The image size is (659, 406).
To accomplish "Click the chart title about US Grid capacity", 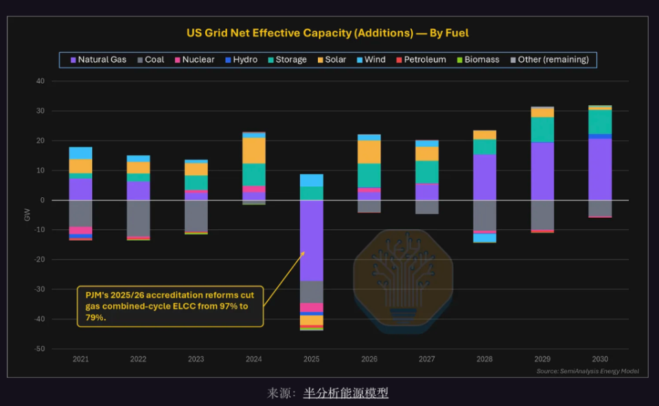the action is point(327,33).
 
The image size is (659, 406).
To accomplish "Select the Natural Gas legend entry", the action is point(98,60).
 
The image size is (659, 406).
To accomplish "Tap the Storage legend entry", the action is point(288,60).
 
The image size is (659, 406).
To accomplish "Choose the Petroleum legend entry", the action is point(421,60).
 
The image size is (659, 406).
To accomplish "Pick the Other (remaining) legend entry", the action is point(549,60).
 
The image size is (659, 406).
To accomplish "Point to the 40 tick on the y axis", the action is point(41,81).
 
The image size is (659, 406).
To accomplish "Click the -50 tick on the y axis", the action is point(40,349).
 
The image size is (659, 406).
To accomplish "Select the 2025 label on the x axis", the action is point(312,359).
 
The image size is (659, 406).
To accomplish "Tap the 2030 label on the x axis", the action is point(600,359).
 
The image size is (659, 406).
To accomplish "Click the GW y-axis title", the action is point(27,214).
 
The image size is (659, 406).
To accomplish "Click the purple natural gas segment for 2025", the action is point(312,240).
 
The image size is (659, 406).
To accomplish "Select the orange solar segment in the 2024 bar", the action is point(254,150).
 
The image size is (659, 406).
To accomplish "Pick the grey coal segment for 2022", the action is point(138,218).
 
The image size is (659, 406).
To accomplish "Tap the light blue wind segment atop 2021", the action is point(81,153).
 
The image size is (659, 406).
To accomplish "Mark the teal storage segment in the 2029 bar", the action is point(542,130).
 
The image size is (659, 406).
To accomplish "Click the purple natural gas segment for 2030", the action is point(600,170).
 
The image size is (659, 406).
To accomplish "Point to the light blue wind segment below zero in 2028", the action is point(485,238).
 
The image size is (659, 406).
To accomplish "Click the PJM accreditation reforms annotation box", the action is point(170,306).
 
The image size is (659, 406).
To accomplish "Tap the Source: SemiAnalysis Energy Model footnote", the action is point(588,371).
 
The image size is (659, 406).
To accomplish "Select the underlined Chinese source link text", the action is point(345,393).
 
